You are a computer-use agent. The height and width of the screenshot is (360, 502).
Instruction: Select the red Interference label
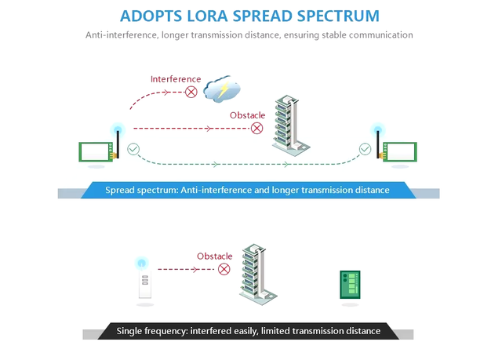point(176,79)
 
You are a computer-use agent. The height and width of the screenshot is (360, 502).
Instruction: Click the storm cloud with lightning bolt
point(222,89)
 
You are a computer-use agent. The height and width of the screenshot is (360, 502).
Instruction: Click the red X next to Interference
point(191,93)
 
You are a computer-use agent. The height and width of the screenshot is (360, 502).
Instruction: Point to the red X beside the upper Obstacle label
point(256,129)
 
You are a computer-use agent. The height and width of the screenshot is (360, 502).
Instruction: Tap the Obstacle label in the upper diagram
point(248,115)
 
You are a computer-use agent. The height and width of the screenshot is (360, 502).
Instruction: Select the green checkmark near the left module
point(133,149)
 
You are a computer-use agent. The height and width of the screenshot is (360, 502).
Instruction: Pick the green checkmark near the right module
point(365,149)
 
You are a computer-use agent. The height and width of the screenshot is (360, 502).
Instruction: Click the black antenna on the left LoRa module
point(118,144)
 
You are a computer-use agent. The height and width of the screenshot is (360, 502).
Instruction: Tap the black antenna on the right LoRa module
point(378,144)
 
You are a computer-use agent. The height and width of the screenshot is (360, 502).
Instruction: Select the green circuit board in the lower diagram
point(350,285)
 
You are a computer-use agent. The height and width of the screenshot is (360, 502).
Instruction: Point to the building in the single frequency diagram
point(258,275)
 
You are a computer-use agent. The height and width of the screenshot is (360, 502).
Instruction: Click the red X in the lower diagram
point(224,269)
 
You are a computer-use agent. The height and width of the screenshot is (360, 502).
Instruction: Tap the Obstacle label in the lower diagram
point(214,256)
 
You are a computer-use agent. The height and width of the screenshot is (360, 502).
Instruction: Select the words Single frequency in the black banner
point(152,331)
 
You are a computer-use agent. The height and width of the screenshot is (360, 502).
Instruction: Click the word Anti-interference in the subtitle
point(122,35)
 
